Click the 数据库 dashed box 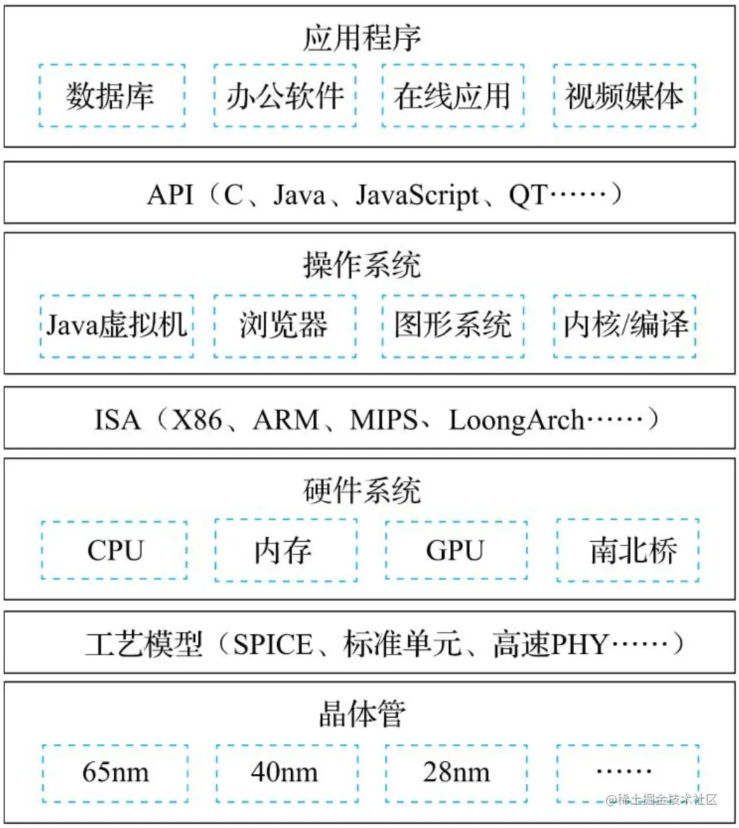point(112,96)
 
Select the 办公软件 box point(285,96)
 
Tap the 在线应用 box point(452,96)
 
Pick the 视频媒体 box point(624,96)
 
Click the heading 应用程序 point(362,38)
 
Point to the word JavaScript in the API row point(417,194)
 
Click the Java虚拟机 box point(116,326)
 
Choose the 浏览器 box point(285,326)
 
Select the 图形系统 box point(453,326)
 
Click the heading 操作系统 point(362,265)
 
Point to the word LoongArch point(516,420)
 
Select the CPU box point(115,550)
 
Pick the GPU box point(455,550)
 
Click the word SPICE point(273,644)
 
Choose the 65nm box point(115,772)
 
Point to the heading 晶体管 point(362,715)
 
